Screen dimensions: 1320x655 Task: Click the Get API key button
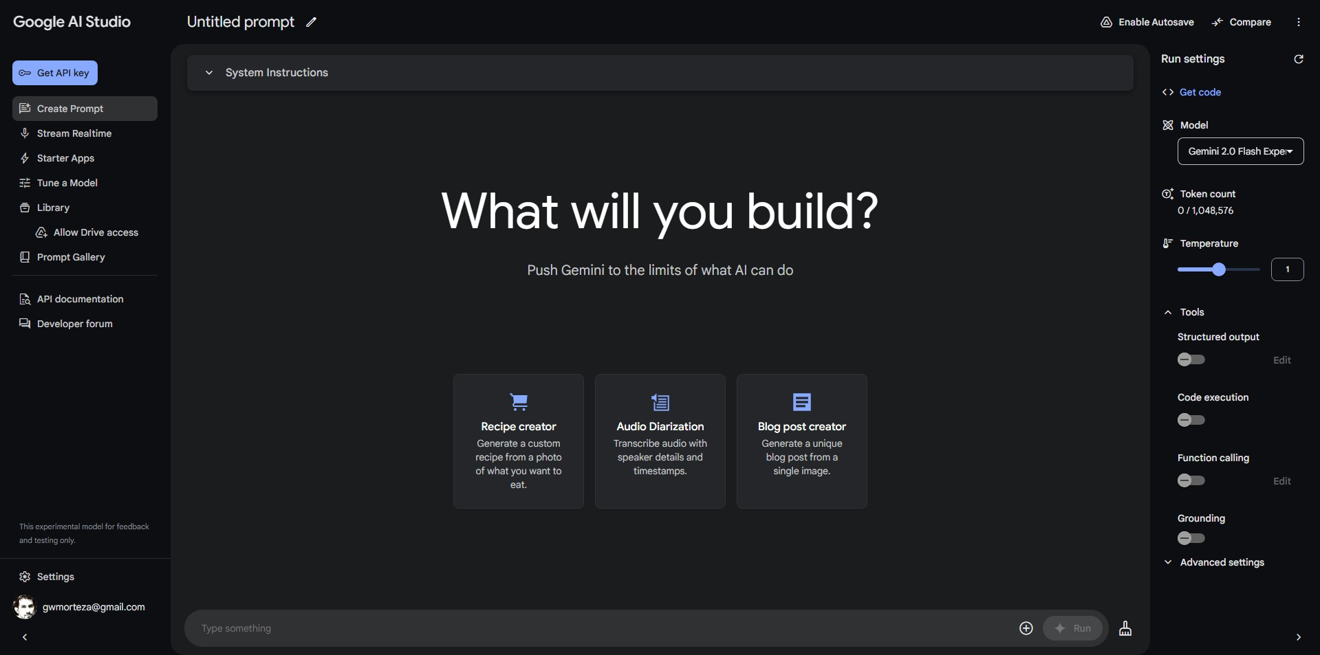point(55,73)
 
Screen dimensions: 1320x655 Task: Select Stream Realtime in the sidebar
point(74,133)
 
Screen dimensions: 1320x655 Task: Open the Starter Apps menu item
point(65,158)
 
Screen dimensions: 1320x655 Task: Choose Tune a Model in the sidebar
point(67,183)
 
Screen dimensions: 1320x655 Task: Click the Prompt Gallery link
point(71,257)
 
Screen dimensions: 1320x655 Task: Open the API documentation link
point(80,299)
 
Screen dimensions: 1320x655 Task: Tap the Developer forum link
point(74,324)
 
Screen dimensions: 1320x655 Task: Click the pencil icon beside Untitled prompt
point(312,22)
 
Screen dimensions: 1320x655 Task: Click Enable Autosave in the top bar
point(1147,22)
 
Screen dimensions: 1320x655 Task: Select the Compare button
point(1242,22)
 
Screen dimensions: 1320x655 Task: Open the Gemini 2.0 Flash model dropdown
point(1240,151)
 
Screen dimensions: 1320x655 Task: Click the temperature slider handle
point(1219,269)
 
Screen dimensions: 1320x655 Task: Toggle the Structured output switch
point(1191,359)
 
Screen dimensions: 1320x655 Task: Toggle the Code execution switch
point(1191,420)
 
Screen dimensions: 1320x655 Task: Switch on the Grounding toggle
point(1191,538)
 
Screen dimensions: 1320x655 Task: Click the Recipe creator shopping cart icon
point(519,401)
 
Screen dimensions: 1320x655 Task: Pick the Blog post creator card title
point(802,427)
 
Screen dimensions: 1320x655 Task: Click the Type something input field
point(598,628)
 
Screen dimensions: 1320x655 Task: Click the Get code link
point(1200,92)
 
